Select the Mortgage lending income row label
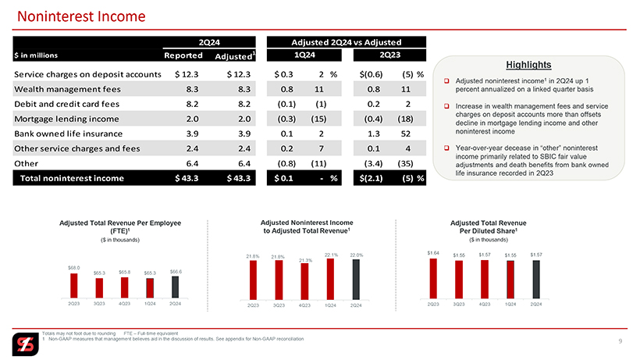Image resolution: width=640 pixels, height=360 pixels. pos(66,119)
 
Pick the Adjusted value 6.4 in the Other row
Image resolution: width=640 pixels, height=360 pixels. pos(239,163)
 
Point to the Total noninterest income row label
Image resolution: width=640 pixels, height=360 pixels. pos(71,179)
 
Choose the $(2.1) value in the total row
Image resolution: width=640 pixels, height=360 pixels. pos(373,179)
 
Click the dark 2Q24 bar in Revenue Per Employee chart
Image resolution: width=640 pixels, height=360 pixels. pos(175,283)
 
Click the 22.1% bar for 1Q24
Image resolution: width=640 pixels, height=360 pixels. pos(330,279)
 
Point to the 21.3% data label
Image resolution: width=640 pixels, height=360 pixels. pos(305,259)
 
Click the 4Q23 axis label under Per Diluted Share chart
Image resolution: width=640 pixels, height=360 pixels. pos(485,305)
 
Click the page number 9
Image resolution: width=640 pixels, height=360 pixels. pos(620,340)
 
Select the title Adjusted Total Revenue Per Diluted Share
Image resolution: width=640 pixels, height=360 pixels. pos(483,227)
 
